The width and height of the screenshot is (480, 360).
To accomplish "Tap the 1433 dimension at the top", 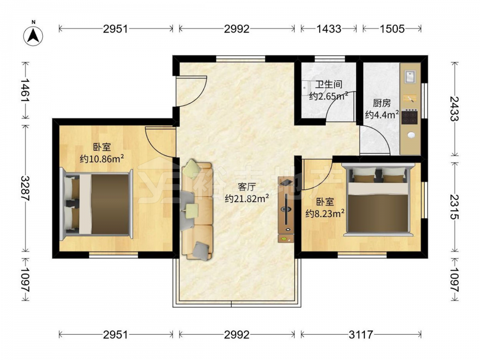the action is click(328, 29).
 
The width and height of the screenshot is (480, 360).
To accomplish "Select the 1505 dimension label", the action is click(392, 29).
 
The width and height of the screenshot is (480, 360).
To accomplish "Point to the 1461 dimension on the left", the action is click(25, 91).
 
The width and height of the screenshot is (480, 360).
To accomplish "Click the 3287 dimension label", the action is click(25, 188).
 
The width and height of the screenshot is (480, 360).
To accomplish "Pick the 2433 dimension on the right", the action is click(455, 108).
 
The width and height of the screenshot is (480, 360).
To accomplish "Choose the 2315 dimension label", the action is click(455, 207).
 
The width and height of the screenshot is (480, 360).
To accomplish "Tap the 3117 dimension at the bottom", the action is click(361, 335).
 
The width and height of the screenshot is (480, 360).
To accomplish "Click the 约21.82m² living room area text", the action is click(247, 199).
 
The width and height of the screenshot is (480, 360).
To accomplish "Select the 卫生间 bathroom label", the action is click(329, 84).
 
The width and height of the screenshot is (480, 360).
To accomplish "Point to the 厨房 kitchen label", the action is click(382, 103).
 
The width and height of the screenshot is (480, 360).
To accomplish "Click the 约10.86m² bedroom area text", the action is click(102, 158).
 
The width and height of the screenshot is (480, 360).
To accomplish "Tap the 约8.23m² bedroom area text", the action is click(325, 213).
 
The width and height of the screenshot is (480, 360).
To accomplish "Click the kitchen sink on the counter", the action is click(410, 76).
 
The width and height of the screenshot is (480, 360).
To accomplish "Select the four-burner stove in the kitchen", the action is click(409, 117).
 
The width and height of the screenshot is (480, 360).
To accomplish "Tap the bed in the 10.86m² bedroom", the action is click(96, 204).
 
